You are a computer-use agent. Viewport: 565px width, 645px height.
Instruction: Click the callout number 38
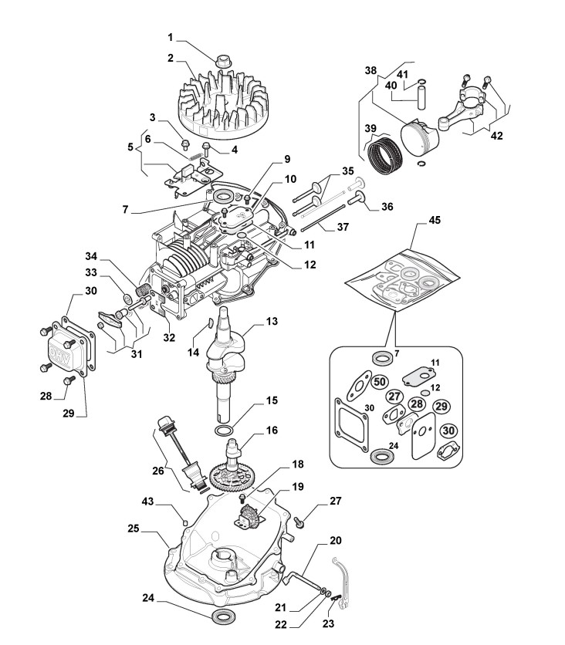point(370,69)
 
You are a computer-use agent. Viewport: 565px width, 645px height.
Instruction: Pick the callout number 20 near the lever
point(336,541)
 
